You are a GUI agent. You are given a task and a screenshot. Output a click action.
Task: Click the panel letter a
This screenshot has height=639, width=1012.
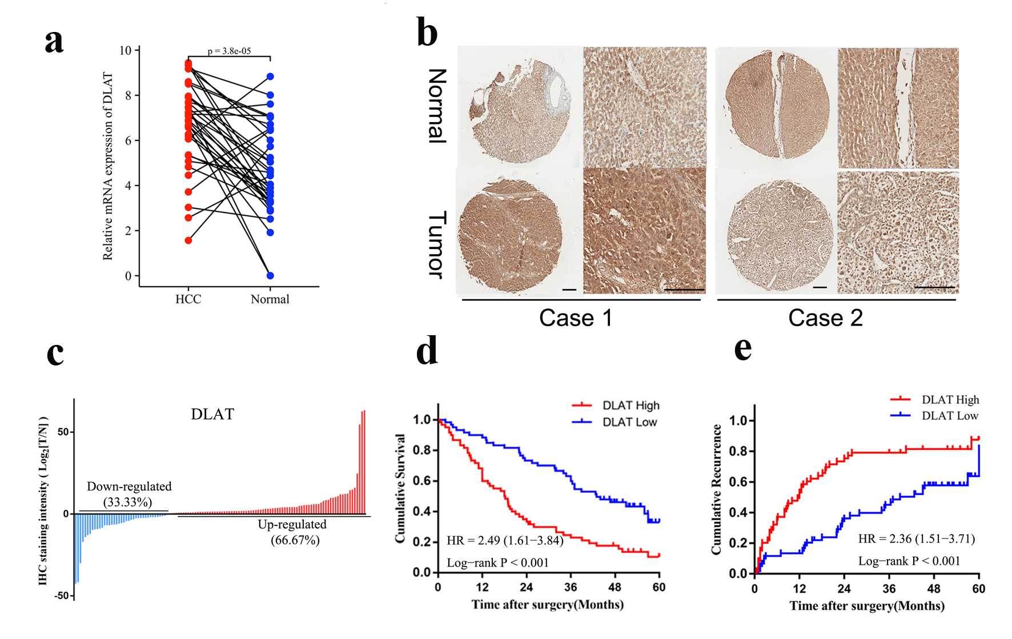(54, 42)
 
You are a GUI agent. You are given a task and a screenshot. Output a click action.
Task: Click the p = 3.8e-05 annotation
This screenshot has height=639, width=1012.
(229, 51)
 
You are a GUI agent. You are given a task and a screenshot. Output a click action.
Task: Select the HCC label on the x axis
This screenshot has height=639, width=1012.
(188, 299)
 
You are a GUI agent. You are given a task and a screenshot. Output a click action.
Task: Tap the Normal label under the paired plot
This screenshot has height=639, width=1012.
(270, 299)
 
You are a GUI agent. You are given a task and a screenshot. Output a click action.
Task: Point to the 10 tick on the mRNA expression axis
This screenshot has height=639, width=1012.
(125, 50)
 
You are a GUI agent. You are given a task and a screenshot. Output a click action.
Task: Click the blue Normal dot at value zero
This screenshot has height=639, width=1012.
(270, 276)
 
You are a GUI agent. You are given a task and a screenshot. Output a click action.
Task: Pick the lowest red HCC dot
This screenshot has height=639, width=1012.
(188, 240)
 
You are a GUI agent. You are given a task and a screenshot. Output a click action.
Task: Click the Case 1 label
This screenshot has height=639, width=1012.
(575, 318)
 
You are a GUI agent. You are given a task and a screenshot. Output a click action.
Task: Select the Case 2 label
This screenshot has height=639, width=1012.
(825, 318)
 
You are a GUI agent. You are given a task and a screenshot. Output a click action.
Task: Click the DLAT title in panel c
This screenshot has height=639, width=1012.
(212, 414)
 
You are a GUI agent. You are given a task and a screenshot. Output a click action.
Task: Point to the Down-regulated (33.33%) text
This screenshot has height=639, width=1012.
(128, 494)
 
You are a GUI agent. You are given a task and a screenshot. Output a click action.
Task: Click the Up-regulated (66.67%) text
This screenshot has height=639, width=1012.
(293, 532)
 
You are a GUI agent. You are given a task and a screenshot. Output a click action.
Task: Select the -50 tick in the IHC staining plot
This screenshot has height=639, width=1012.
(62, 596)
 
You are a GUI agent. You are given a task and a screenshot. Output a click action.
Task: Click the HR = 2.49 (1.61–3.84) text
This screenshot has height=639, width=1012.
(505, 540)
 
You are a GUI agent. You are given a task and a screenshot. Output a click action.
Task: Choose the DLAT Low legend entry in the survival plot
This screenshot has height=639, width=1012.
(629, 422)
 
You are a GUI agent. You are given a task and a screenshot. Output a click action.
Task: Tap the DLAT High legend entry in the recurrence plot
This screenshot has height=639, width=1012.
(950, 400)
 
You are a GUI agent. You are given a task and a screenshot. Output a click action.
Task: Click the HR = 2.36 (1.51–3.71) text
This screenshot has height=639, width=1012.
(916, 538)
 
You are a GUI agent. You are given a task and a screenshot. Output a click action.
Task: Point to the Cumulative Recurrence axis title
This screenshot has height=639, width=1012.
(716, 489)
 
